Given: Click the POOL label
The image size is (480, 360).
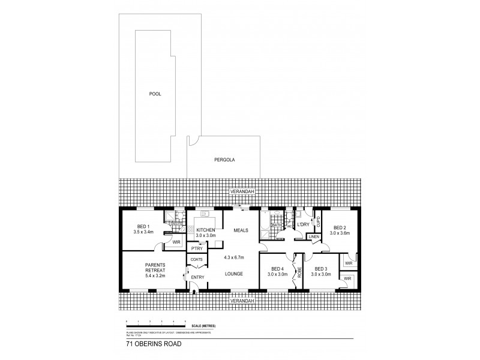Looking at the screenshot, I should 155,94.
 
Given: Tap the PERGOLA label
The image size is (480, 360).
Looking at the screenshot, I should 224,160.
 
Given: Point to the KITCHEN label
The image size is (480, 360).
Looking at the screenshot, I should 206,230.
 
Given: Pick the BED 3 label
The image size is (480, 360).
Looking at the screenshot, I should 320,269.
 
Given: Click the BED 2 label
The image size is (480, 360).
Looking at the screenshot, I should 340,227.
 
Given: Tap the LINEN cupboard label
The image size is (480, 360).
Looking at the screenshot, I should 314,237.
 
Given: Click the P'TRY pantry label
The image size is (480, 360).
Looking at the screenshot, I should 196,248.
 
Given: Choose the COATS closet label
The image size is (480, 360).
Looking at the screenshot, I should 196,260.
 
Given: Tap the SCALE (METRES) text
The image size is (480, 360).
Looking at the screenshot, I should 202,325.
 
